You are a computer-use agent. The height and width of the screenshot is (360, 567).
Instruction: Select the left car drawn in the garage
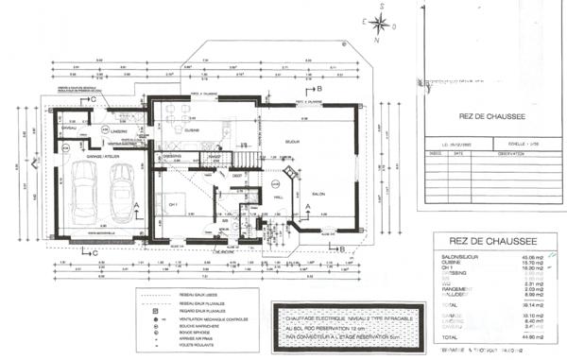pos(83,190)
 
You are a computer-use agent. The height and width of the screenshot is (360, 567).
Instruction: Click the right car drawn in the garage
pos(123,190)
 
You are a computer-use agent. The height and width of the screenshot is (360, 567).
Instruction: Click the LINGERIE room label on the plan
pos(117,130)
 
